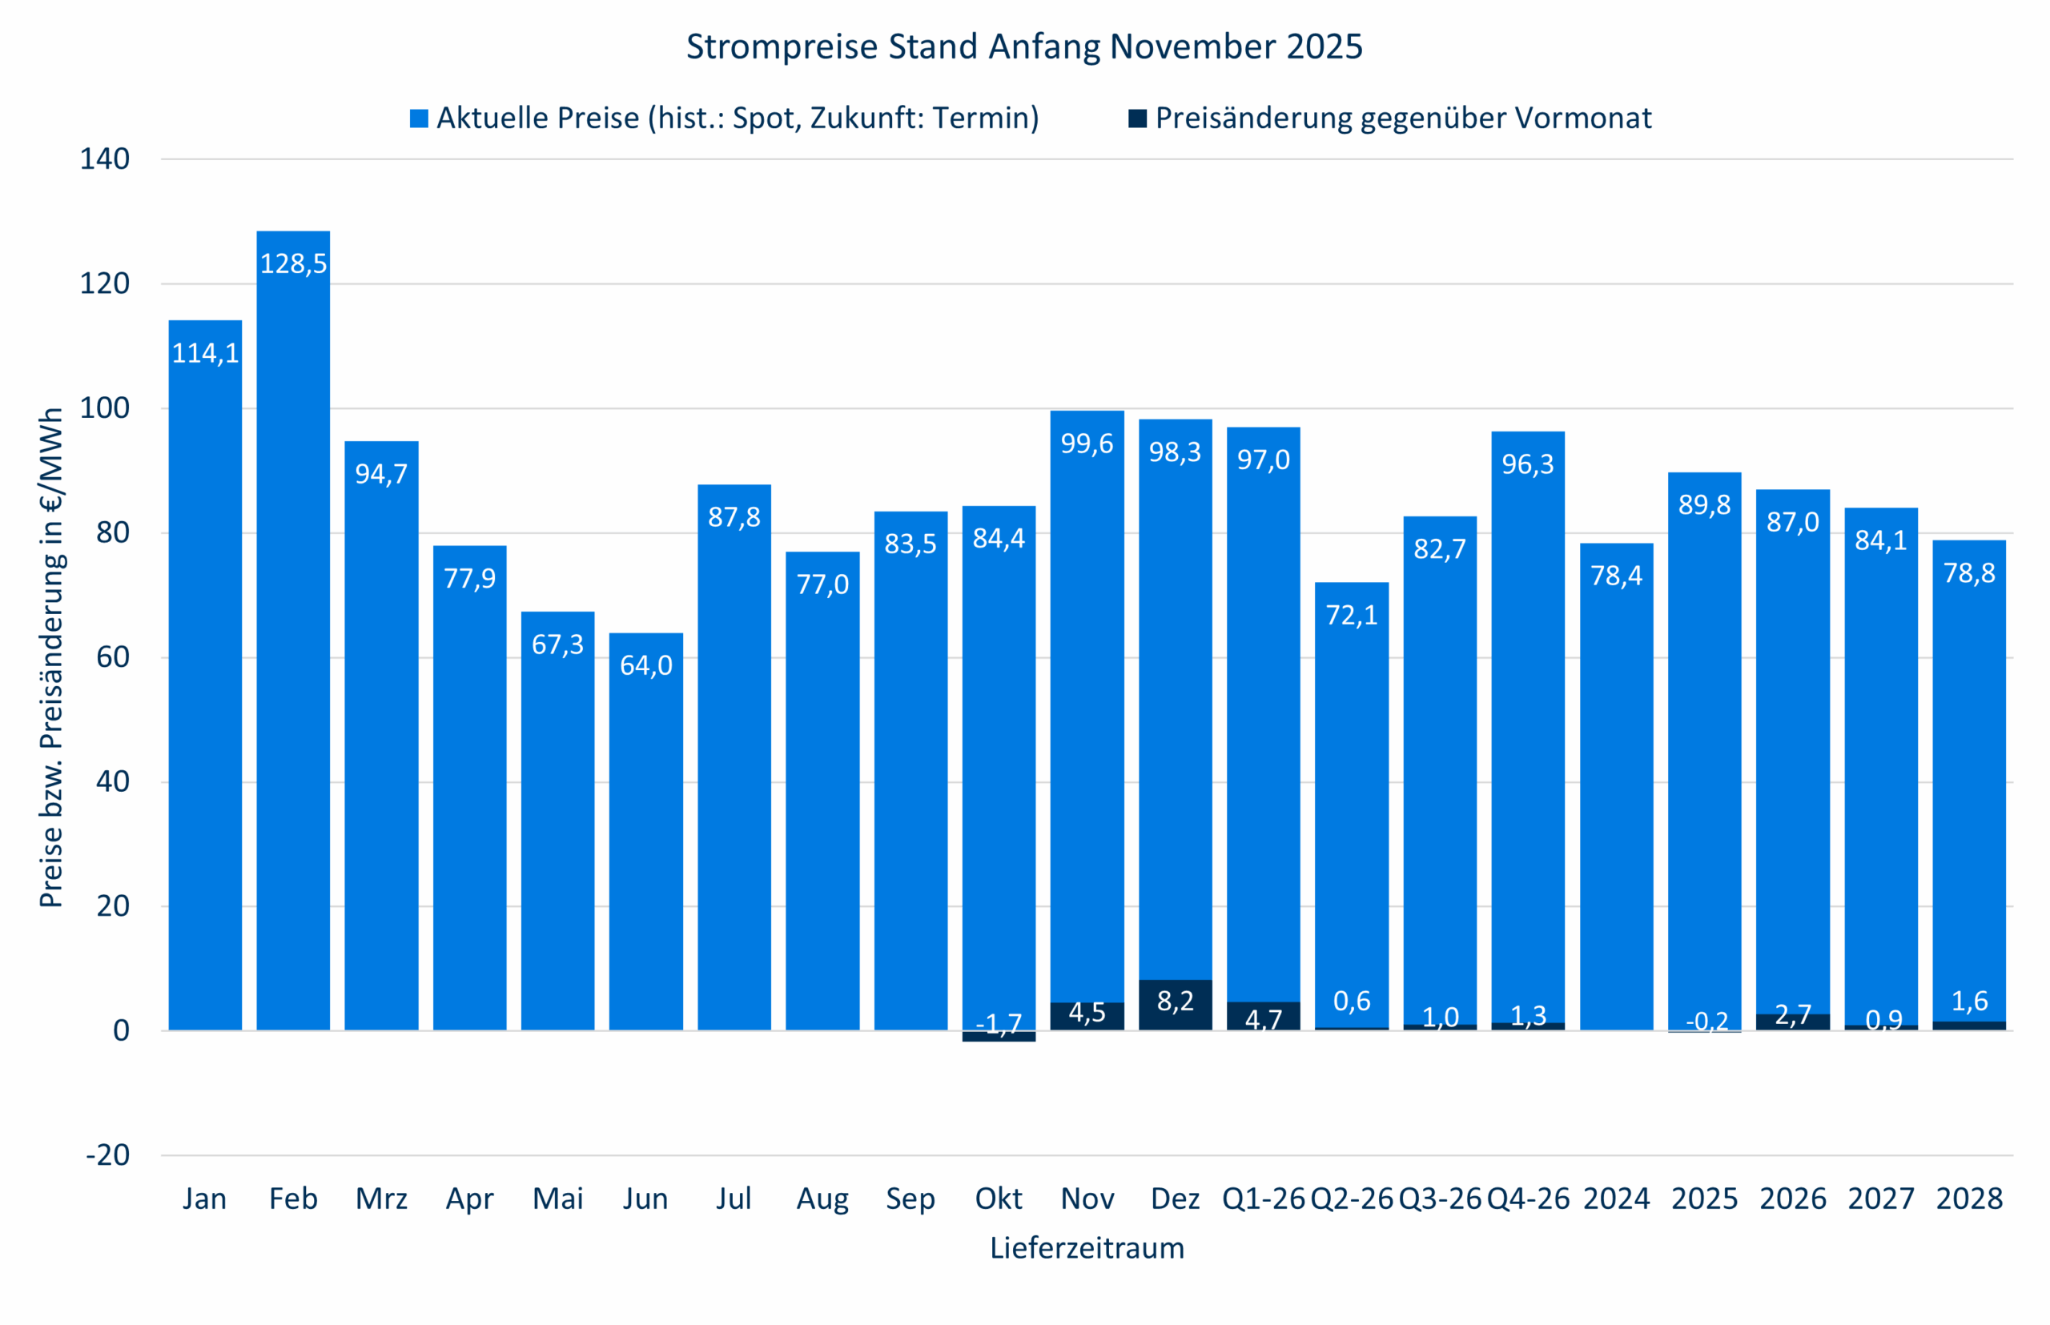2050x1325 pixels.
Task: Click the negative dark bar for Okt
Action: coord(999,1037)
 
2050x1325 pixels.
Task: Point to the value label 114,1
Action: coord(205,353)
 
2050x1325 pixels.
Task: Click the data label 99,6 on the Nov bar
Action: coord(1086,443)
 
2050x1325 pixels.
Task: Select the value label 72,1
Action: coord(1351,614)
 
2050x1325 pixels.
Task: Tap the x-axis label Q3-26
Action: coord(1440,1199)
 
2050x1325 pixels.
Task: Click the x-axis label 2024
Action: coord(1616,1199)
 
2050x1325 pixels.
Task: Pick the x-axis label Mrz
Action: coord(381,1199)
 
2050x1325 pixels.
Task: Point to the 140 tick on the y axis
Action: coord(105,159)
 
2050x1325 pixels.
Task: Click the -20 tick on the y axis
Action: coord(107,1154)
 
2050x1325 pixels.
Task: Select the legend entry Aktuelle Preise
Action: coord(737,118)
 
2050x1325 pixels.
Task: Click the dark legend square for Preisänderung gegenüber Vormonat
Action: coord(1137,118)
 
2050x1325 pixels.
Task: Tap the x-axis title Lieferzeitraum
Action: coord(1086,1247)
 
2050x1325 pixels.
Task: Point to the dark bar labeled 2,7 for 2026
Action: coord(1793,1022)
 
